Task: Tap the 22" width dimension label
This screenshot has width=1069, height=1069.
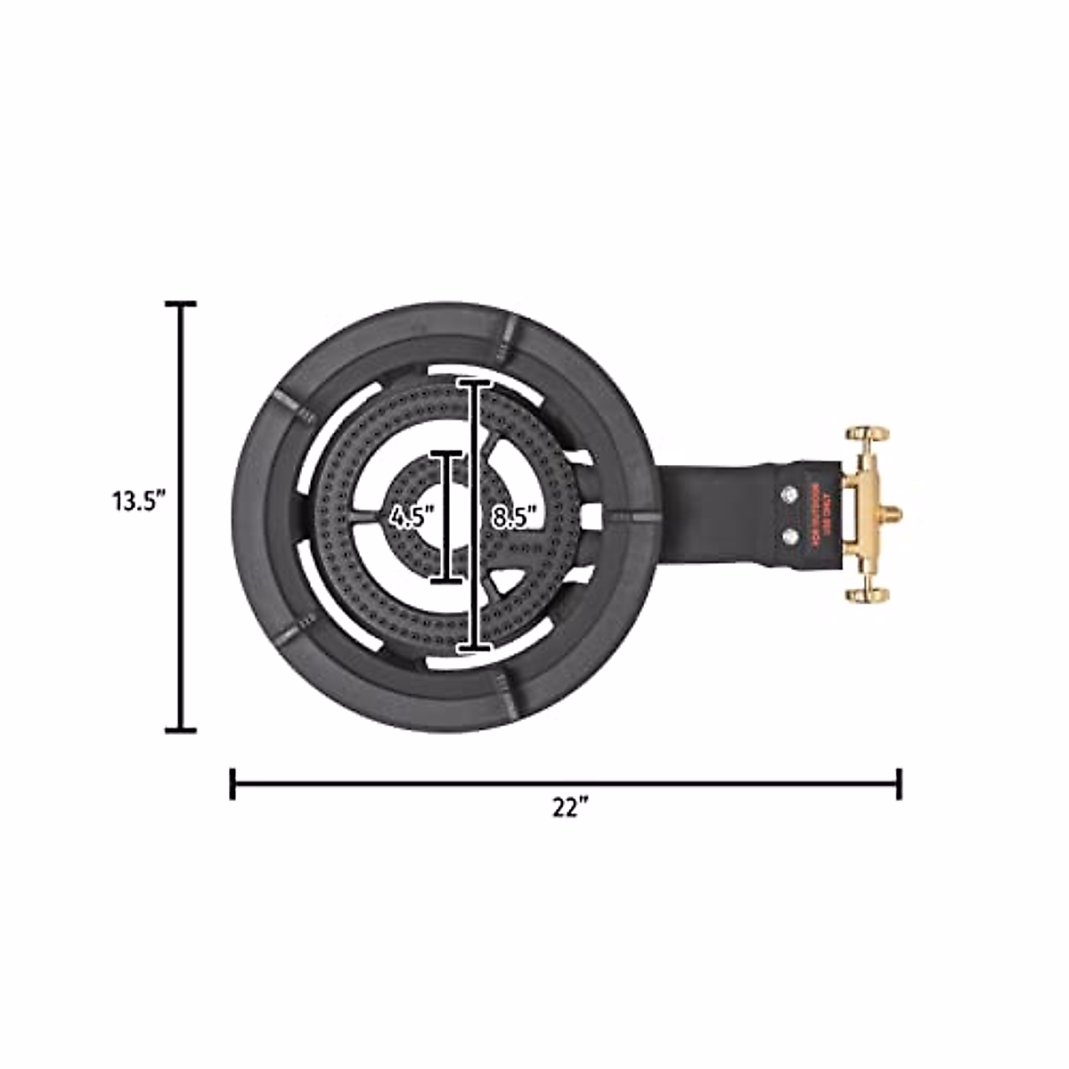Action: (x=570, y=808)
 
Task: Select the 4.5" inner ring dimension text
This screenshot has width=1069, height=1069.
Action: (x=411, y=518)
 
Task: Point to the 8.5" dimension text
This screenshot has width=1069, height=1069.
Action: (x=514, y=518)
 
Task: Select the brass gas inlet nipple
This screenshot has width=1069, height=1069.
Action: (x=891, y=515)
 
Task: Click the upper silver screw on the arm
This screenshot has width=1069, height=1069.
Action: (x=788, y=494)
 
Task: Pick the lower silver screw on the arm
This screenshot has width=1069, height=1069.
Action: (x=788, y=536)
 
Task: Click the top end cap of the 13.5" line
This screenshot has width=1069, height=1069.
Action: (x=182, y=305)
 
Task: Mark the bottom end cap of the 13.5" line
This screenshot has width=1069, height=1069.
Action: (x=182, y=730)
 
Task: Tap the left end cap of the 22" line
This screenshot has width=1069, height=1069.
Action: (x=233, y=784)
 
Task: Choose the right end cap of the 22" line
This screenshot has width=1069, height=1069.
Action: (x=899, y=784)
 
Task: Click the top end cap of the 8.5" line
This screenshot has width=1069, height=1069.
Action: (x=475, y=382)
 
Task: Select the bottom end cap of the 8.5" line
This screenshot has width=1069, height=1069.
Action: (x=475, y=646)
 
